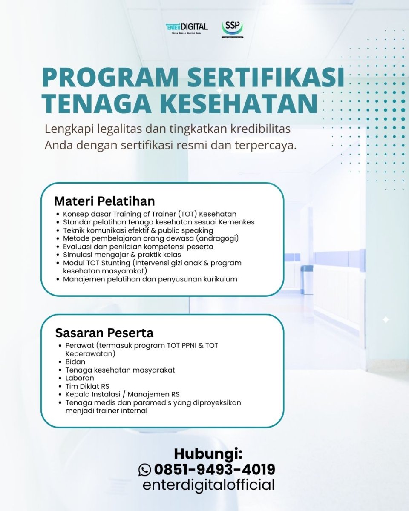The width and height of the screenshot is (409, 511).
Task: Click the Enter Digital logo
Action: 187,28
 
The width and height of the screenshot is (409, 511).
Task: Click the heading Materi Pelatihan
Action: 104,201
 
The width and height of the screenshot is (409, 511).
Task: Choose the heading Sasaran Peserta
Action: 104,332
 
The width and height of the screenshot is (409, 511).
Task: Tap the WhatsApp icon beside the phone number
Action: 145,470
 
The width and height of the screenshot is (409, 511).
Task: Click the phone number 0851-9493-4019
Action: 214,470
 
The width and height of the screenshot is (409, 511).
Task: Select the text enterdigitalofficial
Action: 208,485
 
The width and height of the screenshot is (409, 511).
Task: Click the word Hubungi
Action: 208,454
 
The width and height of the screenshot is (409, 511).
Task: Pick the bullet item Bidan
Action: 75,362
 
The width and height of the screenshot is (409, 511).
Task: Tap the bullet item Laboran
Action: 80,378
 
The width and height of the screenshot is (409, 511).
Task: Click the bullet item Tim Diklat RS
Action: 87,386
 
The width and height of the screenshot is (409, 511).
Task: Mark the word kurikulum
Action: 219,279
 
